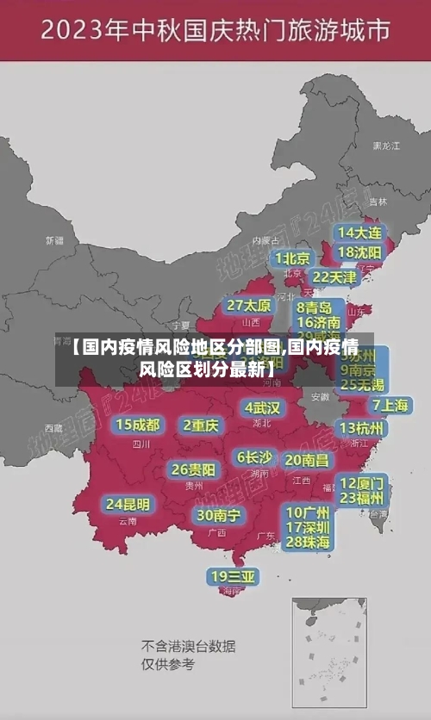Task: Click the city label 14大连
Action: [x=360, y=233]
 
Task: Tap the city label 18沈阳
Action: [x=359, y=252]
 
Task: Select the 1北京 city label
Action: [x=292, y=258]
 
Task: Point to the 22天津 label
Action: [x=334, y=277]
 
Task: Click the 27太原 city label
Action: [x=249, y=306]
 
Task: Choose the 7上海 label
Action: [x=390, y=406]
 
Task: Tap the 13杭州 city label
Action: [x=363, y=428]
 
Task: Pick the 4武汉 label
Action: [x=262, y=407]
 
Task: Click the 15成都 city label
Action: [x=138, y=425]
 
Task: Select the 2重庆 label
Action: [x=201, y=425]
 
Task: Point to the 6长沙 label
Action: [x=254, y=456]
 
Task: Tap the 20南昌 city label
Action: [x=306, y=460]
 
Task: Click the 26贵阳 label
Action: [x=193, y=470]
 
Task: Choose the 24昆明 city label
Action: [x=128, y=504]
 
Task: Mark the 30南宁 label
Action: [x=218, y=515]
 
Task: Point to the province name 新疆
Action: [x=54, y=240]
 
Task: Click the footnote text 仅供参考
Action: [x=168, y=664]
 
